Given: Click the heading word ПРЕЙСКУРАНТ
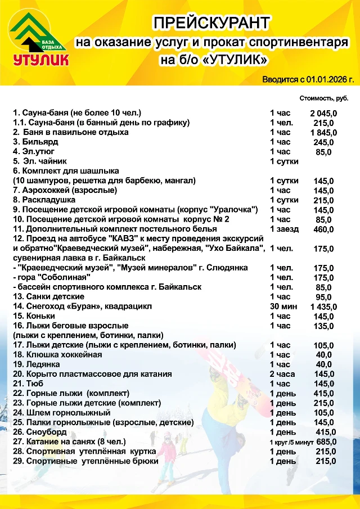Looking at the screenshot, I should [212, 23].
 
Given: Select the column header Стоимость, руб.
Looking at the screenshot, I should [323, 98].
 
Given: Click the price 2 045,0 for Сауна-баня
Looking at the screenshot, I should [323, 113].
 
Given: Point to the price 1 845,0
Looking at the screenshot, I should [323, 133].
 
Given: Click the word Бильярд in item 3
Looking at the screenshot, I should [42, 142].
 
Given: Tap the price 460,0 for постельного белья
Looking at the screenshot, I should [323, 229].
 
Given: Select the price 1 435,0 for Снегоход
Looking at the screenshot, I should [323, 307].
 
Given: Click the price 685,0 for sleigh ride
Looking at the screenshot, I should [326, 442].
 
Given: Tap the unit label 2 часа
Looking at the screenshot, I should [281, 374].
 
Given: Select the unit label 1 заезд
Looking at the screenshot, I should [284, 229].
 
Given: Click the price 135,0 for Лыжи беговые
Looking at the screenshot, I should [323, 326].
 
